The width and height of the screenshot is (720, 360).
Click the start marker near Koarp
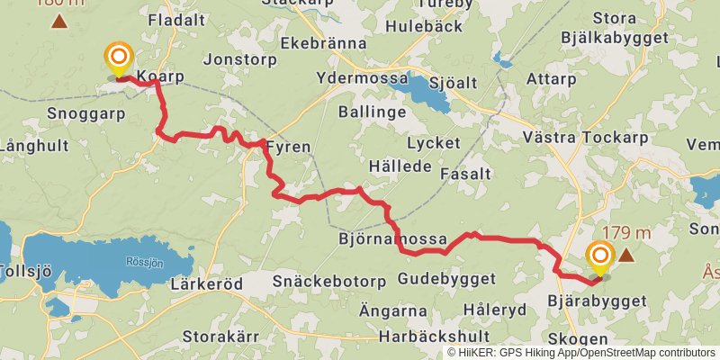117,59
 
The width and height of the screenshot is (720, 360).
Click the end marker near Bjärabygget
599,258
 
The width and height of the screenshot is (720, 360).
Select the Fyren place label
289,147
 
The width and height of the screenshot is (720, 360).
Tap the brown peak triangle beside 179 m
625,256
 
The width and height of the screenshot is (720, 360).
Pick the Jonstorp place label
238,59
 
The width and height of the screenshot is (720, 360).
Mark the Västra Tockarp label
584,138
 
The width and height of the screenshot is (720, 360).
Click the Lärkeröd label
206,283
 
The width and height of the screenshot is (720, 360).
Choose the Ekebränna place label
324,42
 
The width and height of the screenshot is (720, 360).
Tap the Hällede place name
400,167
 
